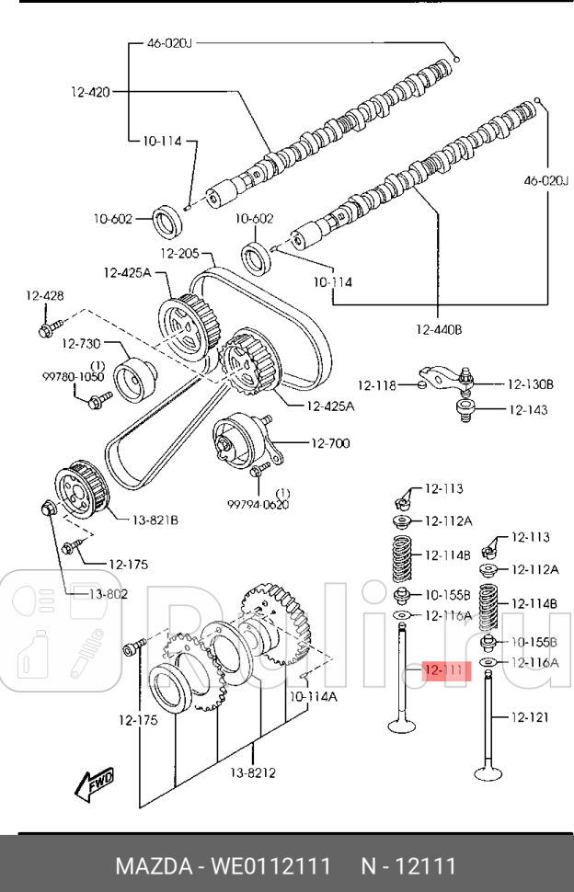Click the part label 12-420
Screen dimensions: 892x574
click(89, 91)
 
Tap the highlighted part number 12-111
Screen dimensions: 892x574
click(445, 671)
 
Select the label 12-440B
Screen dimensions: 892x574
click(439, 328)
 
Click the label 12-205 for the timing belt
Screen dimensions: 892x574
click(180, 254)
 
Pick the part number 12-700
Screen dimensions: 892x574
click(330, 443)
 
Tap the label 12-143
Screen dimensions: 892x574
click(528, 410)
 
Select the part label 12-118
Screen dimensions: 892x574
click(376, 386)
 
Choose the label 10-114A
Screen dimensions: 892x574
click(313, 697)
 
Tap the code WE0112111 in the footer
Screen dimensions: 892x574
click(270, 866)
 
